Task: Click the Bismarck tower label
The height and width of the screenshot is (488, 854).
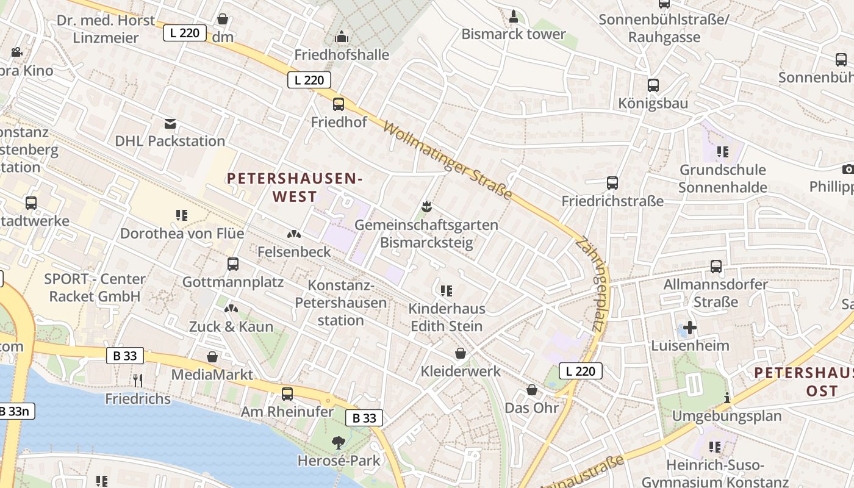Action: (514, 34)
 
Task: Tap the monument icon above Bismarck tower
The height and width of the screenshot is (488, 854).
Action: (514, 16)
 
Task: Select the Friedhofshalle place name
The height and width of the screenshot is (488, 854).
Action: (342, 55)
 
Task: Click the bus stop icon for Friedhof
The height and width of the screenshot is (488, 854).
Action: (339, 104)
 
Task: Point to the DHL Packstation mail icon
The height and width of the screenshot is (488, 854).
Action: (170, 124)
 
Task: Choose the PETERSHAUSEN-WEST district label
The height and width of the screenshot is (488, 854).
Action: (295, 187)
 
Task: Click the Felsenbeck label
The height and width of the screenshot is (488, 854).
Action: (294, 251)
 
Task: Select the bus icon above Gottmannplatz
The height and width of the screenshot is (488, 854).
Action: (233, 264)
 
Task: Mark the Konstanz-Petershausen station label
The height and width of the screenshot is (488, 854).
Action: (341, 303)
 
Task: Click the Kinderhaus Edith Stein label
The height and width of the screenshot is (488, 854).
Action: (447, 317)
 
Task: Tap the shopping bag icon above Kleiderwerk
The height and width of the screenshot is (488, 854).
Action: (461, 353)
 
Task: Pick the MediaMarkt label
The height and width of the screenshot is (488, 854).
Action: (212, 375)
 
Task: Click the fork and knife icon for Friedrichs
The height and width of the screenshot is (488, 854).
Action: (138, 381)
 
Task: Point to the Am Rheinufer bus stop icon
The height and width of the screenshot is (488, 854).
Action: (287, 394)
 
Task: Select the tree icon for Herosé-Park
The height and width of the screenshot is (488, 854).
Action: (339, 442)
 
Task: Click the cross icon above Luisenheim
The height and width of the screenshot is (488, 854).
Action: (690, 328)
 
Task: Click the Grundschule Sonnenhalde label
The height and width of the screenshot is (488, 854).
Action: (723, 178)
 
